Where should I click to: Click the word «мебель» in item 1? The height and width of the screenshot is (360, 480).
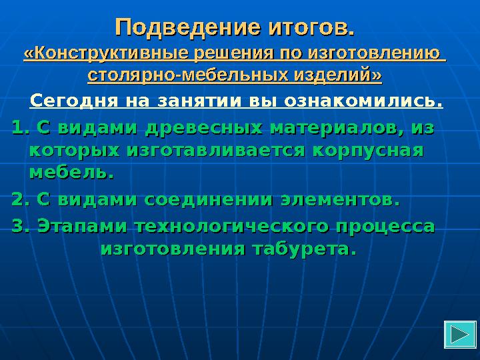(68, 172)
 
